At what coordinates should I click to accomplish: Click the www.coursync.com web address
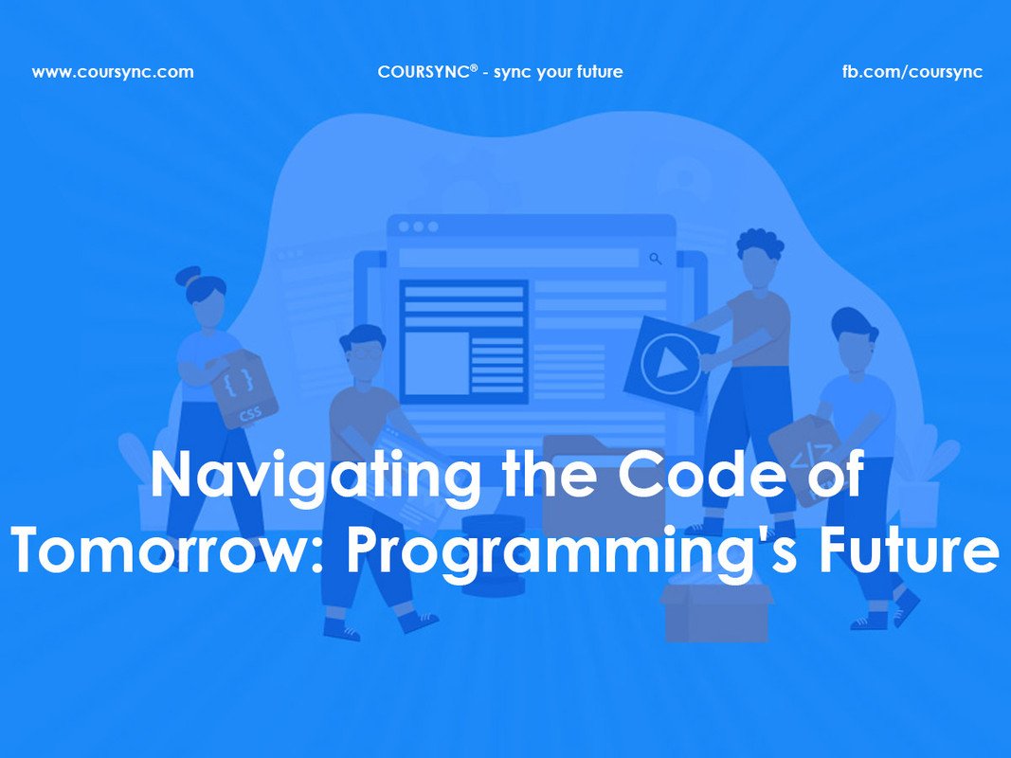113,72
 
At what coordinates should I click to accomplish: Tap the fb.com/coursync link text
912,72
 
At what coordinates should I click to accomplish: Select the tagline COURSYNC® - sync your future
499,72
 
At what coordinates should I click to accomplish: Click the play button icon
671,363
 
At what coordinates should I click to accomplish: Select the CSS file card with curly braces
244,388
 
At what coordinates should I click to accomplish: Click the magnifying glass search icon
656,258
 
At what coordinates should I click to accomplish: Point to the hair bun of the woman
189,276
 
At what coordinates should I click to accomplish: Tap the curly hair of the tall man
760,244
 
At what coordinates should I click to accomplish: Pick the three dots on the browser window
418,227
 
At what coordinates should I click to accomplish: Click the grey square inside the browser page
437,363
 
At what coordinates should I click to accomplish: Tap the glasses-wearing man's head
362,351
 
